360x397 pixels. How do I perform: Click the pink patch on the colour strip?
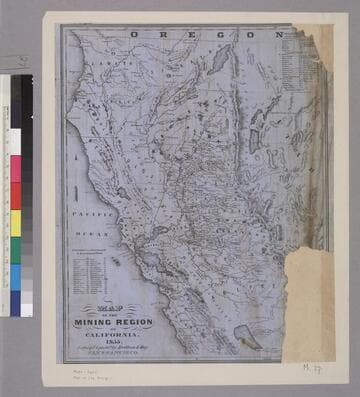15,168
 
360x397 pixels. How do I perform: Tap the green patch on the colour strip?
15,250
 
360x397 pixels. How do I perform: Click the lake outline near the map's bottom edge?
245,341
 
